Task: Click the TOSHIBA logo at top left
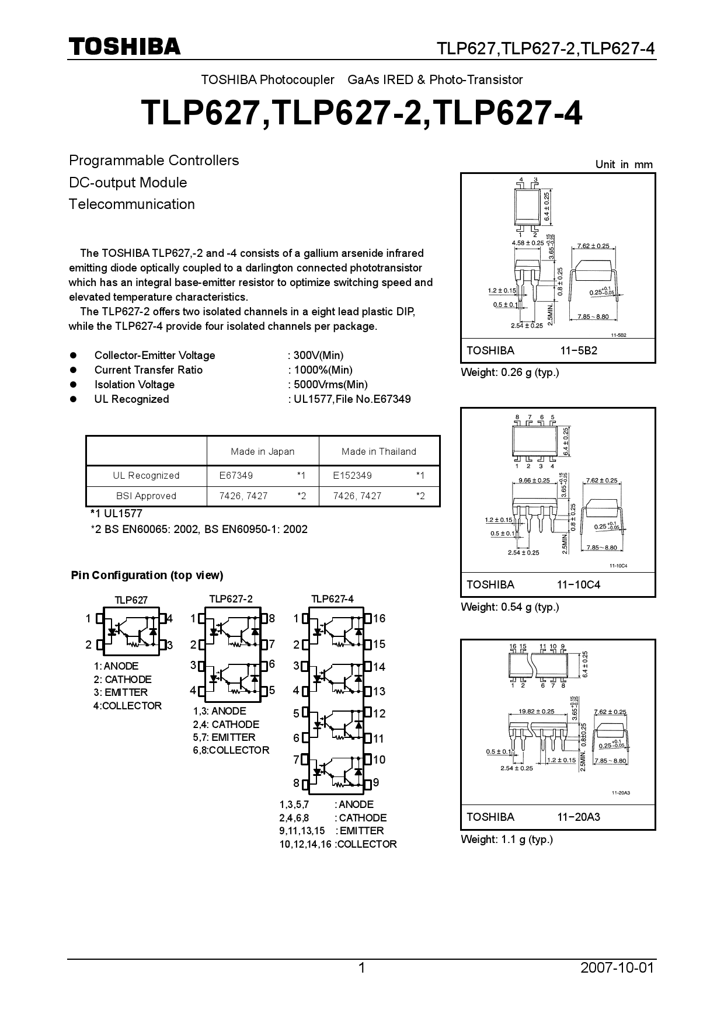tap(124, 47)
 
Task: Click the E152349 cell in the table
tap(352, 475)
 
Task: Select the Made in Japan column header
tap(262, 451)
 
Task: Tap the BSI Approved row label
tap(146, 496)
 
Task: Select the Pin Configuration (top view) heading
tap(147, 576)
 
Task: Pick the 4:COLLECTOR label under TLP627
tap(127, 706)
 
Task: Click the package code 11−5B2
tap(579, 351)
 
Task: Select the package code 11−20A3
tap(578, 817)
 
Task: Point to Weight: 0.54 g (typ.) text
tap(510, 607)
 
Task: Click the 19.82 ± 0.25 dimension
tap(537, 712)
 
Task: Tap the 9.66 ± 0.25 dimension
tap(534, 480)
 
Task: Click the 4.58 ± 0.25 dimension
tap(527, 242)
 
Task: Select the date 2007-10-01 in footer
tap(617, 968)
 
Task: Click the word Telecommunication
tap(132, 204)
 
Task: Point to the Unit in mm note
tap(624, 165)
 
